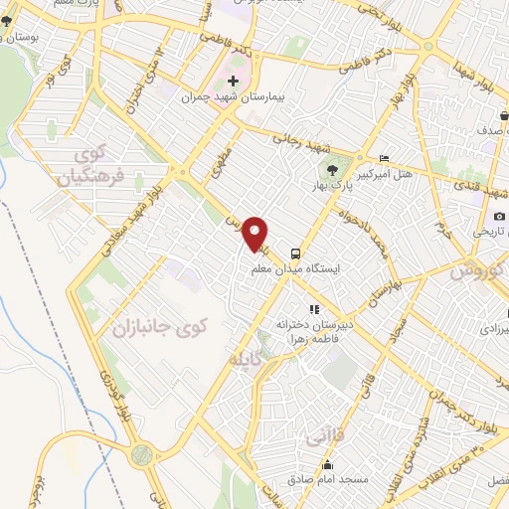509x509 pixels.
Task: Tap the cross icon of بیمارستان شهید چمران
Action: click(x=233, y=81)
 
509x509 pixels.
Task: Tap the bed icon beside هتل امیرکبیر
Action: click(x=385, y=158)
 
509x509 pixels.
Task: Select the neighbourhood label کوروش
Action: click(x=476, y=270)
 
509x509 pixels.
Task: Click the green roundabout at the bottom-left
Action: click(x=142, y=455)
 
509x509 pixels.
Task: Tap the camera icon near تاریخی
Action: click(x=499, y=216)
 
